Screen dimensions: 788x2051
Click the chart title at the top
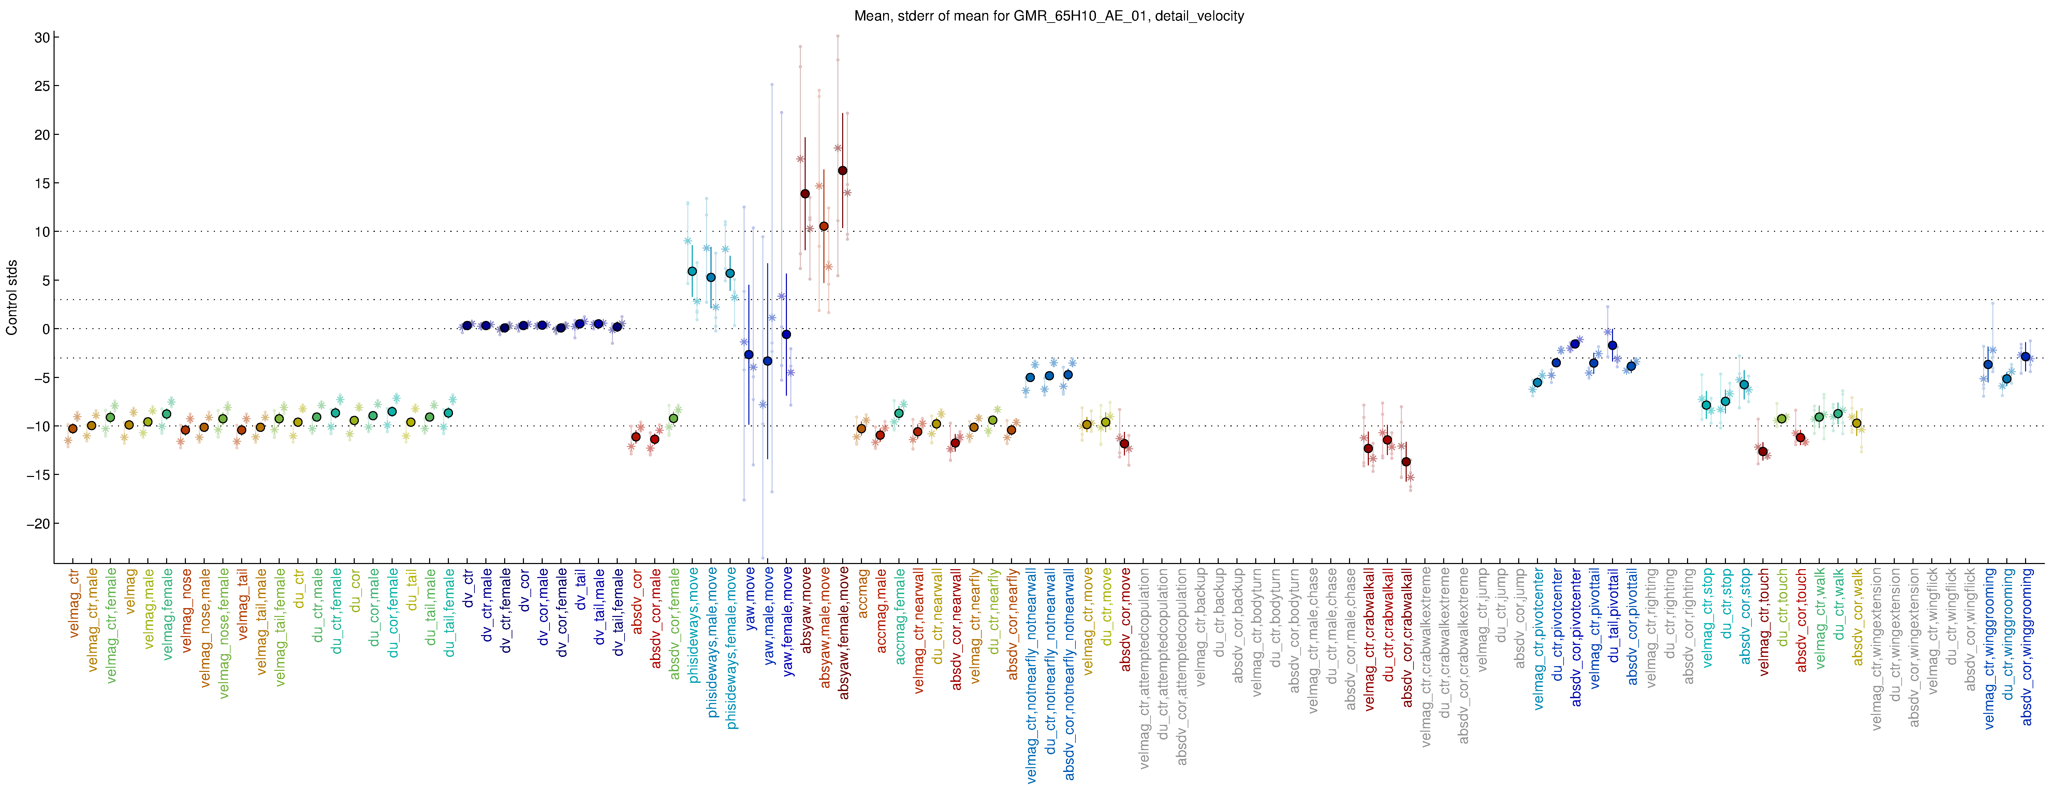point(1049,16)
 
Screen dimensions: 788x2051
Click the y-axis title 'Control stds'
point(12,297)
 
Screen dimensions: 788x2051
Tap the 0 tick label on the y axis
point(45,329)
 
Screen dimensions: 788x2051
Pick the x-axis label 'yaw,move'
point(750,599)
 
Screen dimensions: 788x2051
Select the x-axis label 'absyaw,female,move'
point(844,633)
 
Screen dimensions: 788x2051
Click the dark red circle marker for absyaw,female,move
point(843,170)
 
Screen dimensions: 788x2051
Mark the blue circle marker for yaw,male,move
point(767,361)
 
